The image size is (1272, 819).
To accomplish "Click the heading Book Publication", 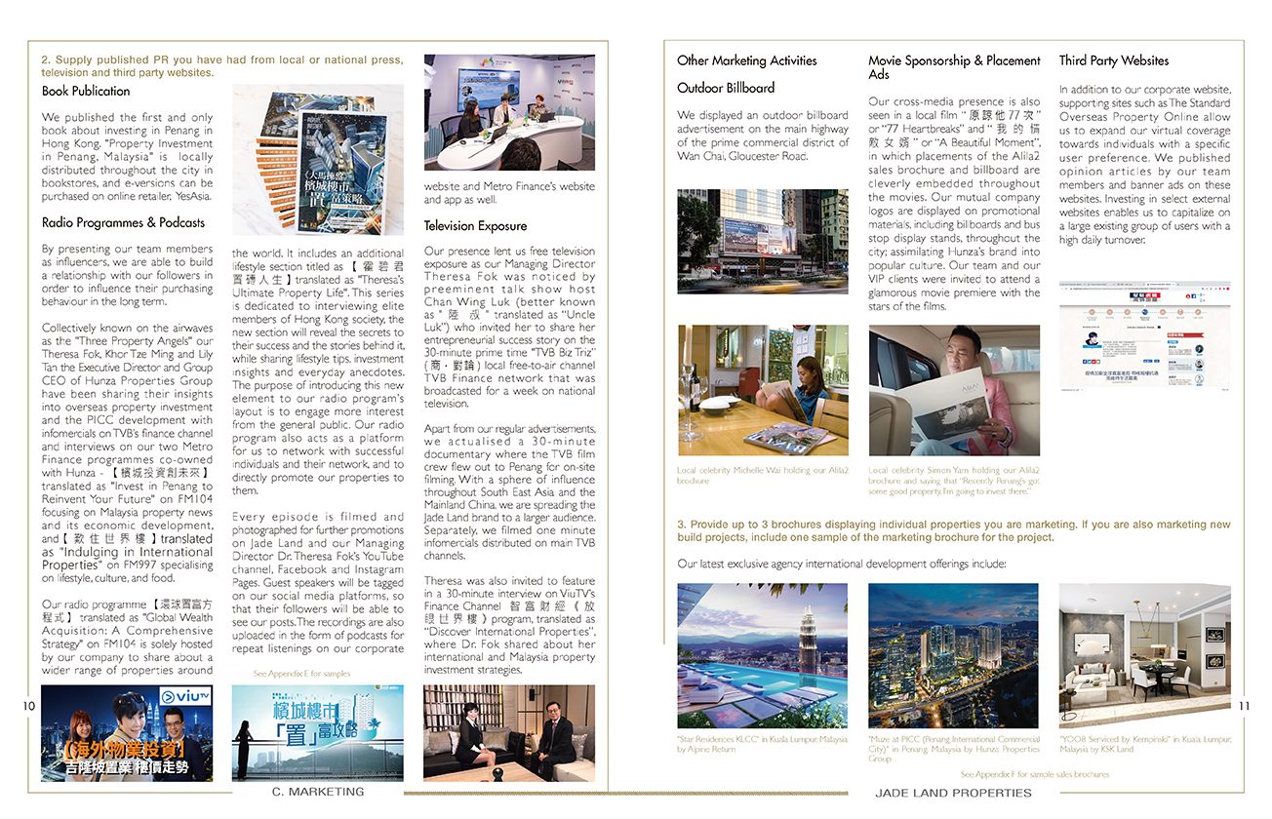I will [86, 91].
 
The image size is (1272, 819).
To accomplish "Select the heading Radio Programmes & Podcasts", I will [123, 222].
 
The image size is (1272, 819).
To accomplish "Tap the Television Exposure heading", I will [475, 225].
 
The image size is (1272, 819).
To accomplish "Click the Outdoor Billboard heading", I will [726, 88].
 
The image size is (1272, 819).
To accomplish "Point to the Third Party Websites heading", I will [1113, 60].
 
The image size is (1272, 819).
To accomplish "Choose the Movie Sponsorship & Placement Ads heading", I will [954, 66].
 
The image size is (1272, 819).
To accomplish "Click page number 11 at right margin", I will [1244, 706].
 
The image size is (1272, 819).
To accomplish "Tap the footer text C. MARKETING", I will [318, 792].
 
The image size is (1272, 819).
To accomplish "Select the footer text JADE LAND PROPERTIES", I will [953, 793].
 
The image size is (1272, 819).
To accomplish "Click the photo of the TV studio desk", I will [509, 112].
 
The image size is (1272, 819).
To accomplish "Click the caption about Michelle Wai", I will [762, 475].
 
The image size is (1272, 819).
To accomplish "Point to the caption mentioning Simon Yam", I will [954, 480].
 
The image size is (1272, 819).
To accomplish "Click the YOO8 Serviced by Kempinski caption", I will [1144, 744].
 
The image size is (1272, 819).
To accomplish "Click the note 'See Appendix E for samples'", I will [301, 674].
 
